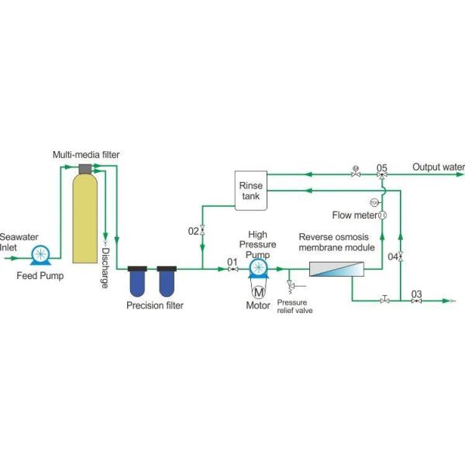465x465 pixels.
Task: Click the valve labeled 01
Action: pyautogui.click(x=232, y=269)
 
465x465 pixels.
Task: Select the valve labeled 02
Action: pyautogui.click(x=202, y=230)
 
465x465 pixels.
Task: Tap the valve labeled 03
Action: pyautogui.click(x=417, y=300)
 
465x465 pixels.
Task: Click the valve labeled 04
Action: pyautogui.click(x=400, y=256)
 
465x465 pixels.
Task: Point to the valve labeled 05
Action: pyautogui.click(x=382, y=175)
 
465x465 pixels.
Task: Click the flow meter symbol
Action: pyautogui.click(x=382, y=214)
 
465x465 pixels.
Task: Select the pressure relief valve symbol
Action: pyautogui.click(x=290, y=288)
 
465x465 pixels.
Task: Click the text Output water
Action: pyautogui.click(x=438, y=167)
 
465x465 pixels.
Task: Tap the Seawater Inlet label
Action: pyautogui.click(x=14, y=242)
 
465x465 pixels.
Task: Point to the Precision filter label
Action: pyautogui.click(x=155, y=305)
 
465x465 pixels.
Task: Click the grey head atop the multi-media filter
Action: pyautogui.click(x=85, y=169)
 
